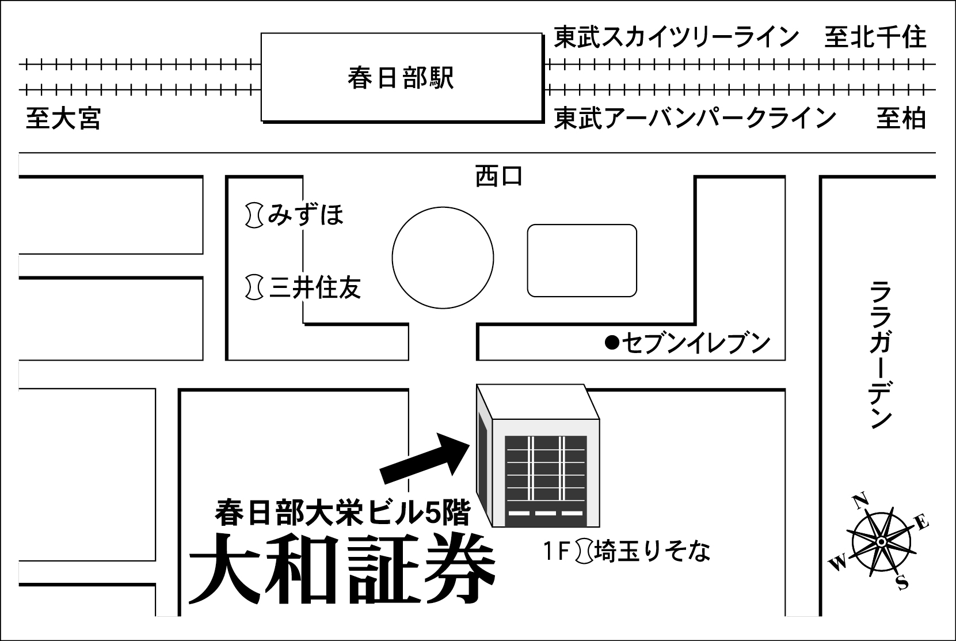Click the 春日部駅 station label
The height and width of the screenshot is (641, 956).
coord(401,78)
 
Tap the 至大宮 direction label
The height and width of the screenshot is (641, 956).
coord(63,119)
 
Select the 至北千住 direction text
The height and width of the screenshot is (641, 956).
coord(875,37)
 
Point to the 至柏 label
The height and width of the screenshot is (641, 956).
coord(901,119)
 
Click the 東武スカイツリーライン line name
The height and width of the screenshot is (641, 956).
coord(676,37)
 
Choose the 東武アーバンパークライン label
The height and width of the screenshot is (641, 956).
coord(695,119)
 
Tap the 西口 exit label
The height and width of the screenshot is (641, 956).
coord(498,176)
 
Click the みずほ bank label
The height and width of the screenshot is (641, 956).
coord(306,215)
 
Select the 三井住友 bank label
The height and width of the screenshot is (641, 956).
coord(315,287)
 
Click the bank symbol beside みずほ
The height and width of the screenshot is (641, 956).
coord(253,215)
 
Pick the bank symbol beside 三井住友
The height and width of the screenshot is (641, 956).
coord(253,287)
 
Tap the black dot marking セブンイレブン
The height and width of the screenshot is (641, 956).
coord(612,344)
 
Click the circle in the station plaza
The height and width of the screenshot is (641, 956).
coord(443,257)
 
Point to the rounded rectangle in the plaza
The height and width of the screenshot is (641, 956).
coord(582,260)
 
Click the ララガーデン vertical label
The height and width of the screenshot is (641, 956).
coord(880,354)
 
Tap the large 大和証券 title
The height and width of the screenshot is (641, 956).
coord(342,570)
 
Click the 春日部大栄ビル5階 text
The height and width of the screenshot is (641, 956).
coord(342,512)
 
